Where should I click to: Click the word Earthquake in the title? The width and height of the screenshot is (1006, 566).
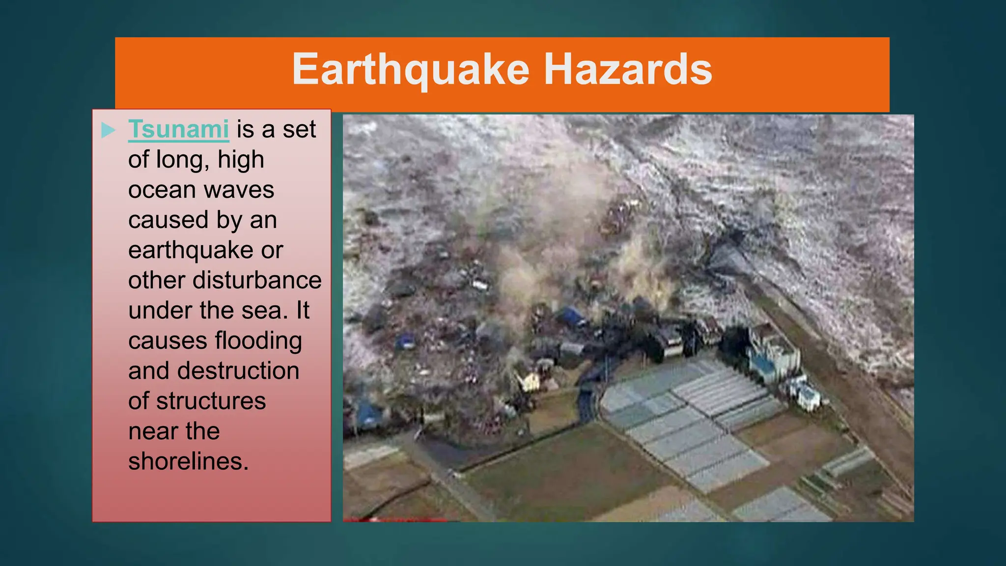[411, 70]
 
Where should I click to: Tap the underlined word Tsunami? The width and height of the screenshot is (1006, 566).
[178, 129]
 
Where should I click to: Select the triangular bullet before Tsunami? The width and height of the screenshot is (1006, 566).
[108, 130]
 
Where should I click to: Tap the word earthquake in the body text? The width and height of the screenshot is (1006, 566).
[191, 251]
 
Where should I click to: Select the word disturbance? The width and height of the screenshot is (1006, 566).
[257, 281]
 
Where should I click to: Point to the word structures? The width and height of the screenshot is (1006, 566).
[211, 401]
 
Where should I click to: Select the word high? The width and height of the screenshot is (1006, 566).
[241, 160]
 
